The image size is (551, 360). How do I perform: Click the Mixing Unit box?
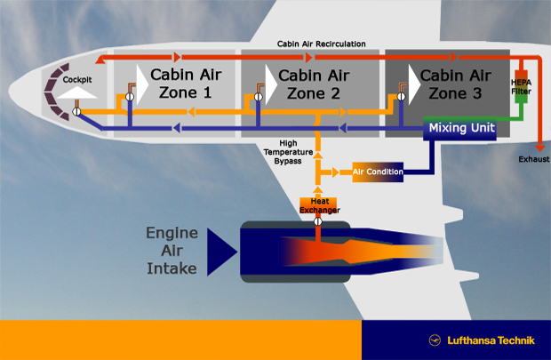coord(459,128)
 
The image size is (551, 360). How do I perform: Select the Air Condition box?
coord(378,172)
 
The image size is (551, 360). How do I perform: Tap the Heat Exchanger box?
coord(318,205)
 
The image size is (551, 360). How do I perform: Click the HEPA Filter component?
coord(521,86)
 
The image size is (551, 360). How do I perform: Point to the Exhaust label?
coord(534,159)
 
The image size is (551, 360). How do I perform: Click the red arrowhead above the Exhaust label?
coord(540,148)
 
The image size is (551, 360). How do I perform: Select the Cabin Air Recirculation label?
coord(321,44)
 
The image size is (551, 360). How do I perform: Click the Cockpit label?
coord(77,80)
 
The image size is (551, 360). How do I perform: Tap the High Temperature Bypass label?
coord(288,152)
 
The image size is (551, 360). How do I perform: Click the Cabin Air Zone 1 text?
coord(186,84)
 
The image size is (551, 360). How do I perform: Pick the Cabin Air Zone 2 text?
coord(314,84)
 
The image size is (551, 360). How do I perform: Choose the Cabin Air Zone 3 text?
coord(455,84)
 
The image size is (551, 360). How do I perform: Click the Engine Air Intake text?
coord(172,251)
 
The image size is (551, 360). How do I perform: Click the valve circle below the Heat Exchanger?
coord(317,221)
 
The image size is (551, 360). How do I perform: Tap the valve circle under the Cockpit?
coord(76,112)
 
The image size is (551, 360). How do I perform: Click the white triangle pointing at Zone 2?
coord(271,84)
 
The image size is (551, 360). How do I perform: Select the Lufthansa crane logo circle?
coord(435,340)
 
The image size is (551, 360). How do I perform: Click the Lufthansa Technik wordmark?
coord(491,340)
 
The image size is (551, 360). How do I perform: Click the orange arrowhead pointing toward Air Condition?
coord(335,172)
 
